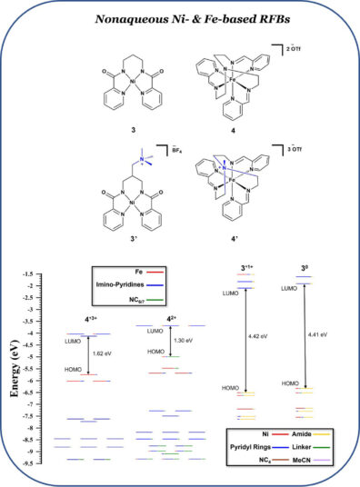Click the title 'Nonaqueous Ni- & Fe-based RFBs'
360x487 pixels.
[x=180, y=17]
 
